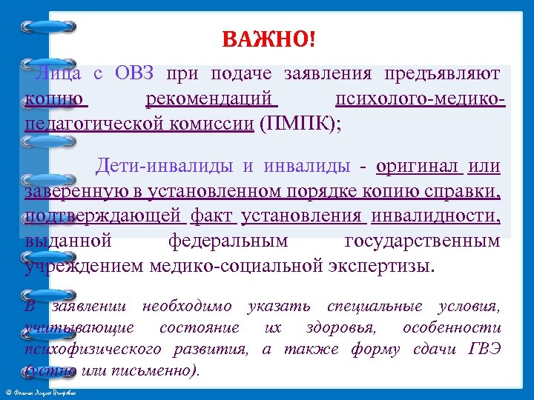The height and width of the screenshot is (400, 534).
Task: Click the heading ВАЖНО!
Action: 268,38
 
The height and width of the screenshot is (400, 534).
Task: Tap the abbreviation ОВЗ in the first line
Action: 134,73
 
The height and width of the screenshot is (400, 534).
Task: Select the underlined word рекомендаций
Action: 211,98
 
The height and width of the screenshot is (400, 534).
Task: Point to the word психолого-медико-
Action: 421,98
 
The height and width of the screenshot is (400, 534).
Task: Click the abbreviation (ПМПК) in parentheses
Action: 297,123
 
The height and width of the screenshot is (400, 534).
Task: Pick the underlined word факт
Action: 213,216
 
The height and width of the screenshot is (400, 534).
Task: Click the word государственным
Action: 423,240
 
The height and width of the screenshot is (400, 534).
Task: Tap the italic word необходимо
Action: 178,306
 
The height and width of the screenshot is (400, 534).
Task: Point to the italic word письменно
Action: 167,370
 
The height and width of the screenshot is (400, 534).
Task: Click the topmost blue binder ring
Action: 48,27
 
